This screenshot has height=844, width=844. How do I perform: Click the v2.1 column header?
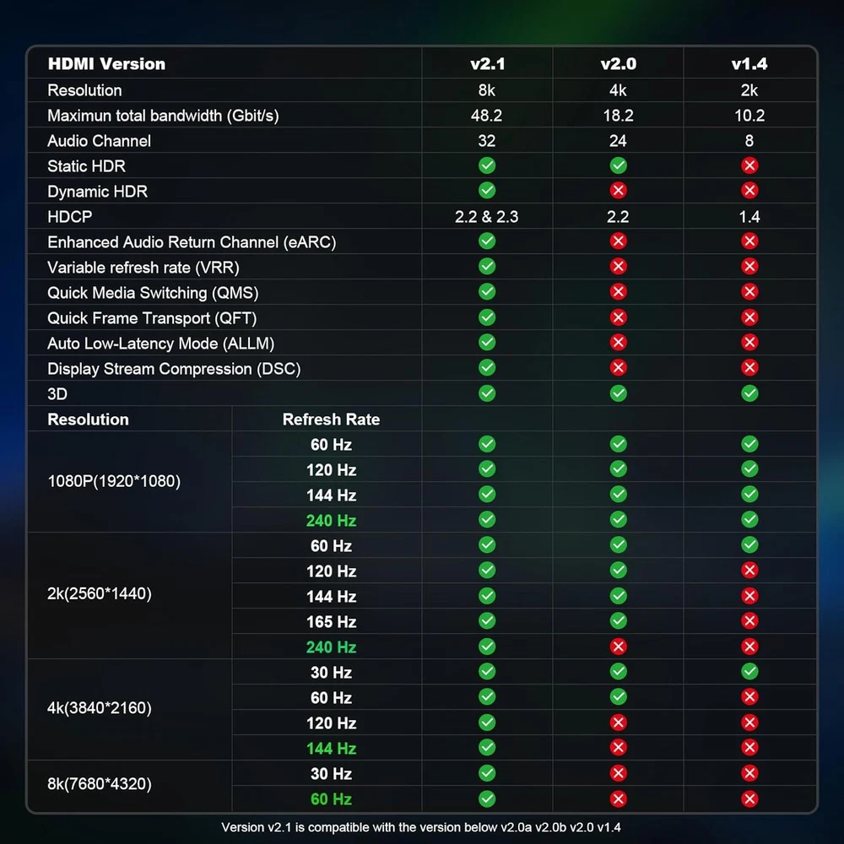tap(487, 64)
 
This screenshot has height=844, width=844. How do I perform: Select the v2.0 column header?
tap(618, 64)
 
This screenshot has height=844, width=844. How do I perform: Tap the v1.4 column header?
tap(749, 64)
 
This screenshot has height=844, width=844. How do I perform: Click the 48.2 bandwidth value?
tap(487, 116)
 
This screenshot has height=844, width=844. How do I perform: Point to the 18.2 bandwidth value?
tap(618, 116)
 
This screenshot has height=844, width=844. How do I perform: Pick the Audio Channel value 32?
tap(487, 141)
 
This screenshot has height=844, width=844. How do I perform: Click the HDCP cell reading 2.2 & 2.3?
tap(487, 217)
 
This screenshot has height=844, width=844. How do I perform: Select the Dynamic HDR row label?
tap(97, 192)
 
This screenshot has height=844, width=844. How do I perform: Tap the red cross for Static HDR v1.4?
tap(749, 165)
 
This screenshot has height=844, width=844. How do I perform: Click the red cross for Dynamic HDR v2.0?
tap(618, 191)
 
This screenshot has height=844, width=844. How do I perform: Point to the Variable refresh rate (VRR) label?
tap(143, 268)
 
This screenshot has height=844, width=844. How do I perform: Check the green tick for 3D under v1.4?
tap(749, 393)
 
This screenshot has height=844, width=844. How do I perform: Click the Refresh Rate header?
tap(331, 419)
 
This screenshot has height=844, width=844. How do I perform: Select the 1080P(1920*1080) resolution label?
tap(114, 481)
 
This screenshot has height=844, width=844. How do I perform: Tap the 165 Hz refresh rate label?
tap(331, 622)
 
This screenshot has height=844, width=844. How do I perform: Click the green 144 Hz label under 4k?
tap(331, 749)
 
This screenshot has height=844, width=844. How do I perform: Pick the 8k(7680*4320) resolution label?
tap(100, 785)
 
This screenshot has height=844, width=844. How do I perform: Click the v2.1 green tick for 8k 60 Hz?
tap(487, 798)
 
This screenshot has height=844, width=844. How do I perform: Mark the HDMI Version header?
tap(106, 64)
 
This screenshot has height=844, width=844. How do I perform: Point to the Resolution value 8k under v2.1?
tap(487, 90)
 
